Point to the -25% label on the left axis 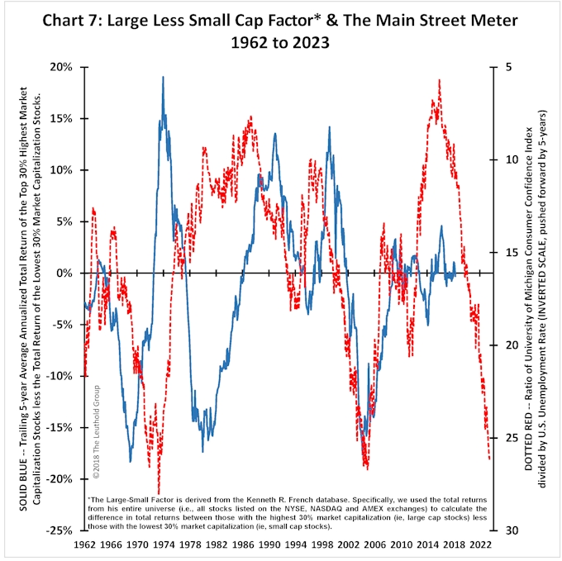pyautogui.click(x=64, y=530)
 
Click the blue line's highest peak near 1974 pyautogui.click(x=163, y=77)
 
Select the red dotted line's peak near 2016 pyautogui.click(x=439, y=80)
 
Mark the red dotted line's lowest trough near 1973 pyautogui.click(x=158, y=493)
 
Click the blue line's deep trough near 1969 pyautogui.click(x=130, y=461)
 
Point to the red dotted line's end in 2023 pyautogui.click(x=489, y=459)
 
